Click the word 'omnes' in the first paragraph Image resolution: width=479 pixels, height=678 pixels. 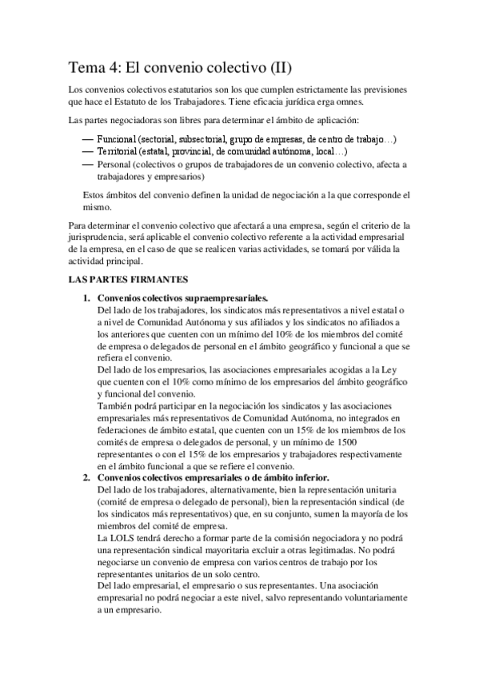[345, 102]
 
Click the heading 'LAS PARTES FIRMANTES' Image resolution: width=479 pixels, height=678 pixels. [129, 281]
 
